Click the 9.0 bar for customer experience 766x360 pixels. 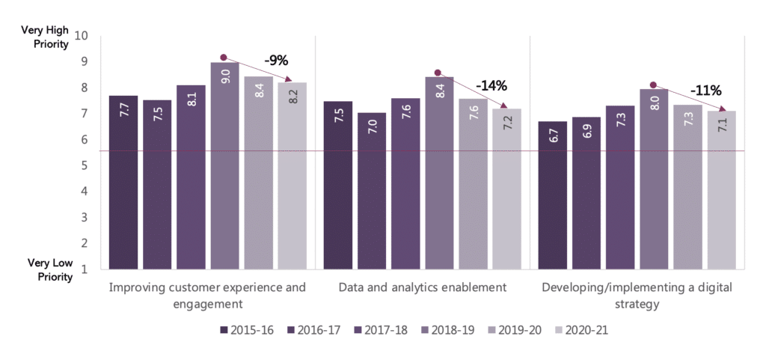(224, 165)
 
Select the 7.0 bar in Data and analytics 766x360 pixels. (372, 191)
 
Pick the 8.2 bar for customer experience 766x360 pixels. (292, 176)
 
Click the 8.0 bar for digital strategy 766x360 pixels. (654, 179)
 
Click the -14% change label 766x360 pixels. (494, 85)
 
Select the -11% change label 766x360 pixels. (706, 91)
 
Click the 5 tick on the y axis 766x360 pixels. (85, 165)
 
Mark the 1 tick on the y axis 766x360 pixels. (85, 269)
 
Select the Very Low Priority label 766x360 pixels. (50, 269)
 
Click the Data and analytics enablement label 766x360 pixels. (423, 287)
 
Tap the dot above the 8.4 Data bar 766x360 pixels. (438, 73)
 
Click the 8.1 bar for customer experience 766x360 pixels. (191, 177)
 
